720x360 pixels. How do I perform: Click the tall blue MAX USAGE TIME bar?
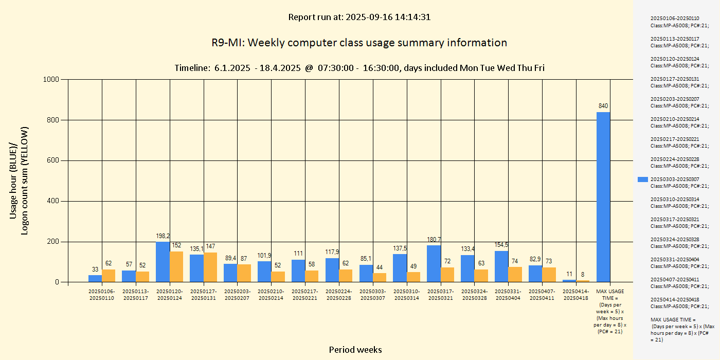point(603,197)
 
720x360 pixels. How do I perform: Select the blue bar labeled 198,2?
point(163,262)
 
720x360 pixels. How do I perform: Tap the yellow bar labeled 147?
point(210,267)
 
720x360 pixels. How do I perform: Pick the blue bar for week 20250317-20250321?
point(434,263)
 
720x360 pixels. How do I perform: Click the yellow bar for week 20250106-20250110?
point(109,276)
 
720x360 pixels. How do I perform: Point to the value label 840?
point(603,106)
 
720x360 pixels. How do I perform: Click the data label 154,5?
point(501,245)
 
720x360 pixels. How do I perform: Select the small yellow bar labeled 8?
point(583,281)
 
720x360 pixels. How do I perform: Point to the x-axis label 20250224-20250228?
point(339,295)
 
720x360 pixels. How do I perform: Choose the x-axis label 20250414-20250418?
point(577,295)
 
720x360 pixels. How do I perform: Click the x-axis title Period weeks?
point(355,350)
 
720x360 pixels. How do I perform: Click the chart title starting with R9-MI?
point(359,43)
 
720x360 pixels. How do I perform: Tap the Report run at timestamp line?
point(359,17)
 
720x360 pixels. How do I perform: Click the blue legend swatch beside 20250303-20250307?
point(643,179)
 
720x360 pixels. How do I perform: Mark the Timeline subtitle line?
point(359,68)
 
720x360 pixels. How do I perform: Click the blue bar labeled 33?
point(95,278)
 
